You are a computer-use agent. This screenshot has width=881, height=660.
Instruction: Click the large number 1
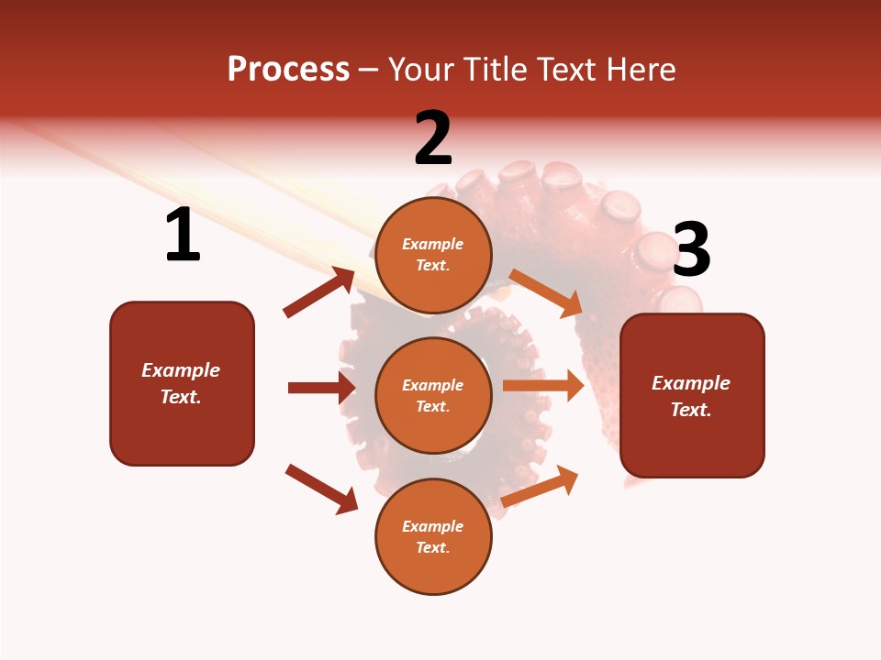[x=182, y=236]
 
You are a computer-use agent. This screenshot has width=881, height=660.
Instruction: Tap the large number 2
[x=433, y=138]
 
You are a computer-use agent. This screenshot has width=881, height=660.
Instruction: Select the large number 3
[x=691, y=249]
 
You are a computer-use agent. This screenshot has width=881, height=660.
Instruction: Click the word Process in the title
[x=288, y=69]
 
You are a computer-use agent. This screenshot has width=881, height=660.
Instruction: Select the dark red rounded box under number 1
[x=182, y=383]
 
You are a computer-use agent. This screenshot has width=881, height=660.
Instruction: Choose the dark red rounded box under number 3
[x=692, y=396]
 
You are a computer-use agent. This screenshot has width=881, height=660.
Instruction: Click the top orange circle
[x=433, y=255]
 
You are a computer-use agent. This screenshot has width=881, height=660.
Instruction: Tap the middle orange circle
[x=433, y=395]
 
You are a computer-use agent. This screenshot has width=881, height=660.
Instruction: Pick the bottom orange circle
[x=433, y=536]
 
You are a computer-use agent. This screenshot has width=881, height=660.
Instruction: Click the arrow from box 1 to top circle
[x=318, y=292]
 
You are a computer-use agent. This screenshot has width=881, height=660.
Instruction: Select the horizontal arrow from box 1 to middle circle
[x=321, y=388]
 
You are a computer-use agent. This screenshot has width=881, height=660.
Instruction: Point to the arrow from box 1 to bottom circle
[x=321, y=489]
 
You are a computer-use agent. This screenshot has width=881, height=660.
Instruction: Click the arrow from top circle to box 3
[x=546, y=292]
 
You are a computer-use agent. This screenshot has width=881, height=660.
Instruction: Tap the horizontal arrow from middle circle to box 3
[x=543, y=386]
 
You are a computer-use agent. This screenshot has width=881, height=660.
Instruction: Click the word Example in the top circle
[x=433, y=244]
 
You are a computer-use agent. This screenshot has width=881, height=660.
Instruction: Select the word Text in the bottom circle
[x=431, y=547]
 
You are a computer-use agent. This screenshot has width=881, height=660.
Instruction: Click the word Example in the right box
[x=691, y=383]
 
